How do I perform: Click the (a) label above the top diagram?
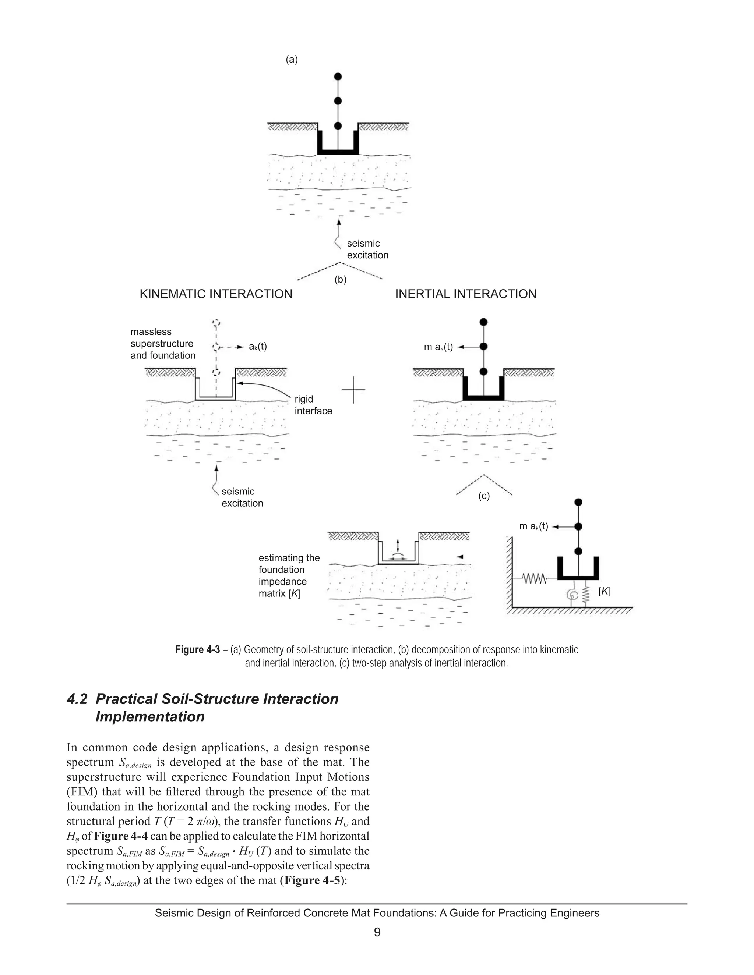coord(292,59)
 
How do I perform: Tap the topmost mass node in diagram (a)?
coord(338,76)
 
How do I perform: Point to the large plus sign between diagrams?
coord(353,389)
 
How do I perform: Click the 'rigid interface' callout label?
coord(313,405)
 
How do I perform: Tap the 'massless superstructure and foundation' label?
coord(163,344)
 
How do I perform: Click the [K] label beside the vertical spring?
coord(605,592)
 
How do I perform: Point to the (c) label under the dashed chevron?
coord(484,496)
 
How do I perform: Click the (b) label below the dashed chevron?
coord(341,280)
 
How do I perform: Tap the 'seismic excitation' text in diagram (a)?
coord(367,249)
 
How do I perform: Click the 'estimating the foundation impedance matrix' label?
coord(289,575)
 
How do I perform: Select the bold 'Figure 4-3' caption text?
coord(197,649)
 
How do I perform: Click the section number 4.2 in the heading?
coord(77,699)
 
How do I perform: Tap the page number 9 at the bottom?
coord(377,932)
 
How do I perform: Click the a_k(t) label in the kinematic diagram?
coord(258,347)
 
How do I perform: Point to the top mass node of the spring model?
coord(578,502)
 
